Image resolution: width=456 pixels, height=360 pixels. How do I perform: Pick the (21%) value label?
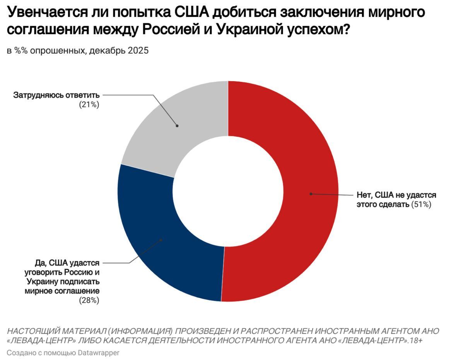tap(89, 104)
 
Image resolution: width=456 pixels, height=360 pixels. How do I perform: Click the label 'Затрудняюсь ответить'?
tap(56, 95)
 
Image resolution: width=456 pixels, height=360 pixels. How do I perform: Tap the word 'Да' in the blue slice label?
tap(40, 263)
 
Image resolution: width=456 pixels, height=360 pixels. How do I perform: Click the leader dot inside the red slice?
tap(311, 194)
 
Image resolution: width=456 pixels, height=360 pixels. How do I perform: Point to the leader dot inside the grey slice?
tap(177, 125)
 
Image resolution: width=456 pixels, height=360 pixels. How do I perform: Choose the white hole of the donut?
tap(228, 191)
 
